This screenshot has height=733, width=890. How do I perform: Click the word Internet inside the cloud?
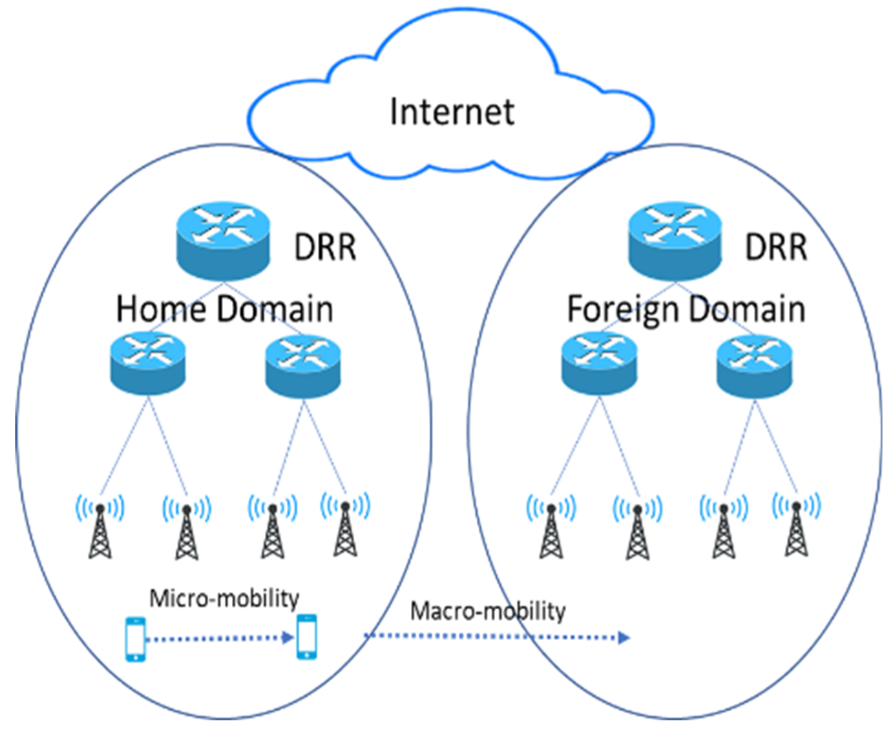tap(451, 112)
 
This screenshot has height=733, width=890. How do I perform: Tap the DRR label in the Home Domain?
tap(325, 247)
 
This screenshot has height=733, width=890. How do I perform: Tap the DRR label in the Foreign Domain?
tap(776, 247)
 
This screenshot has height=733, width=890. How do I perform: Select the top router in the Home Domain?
tap(223, 240)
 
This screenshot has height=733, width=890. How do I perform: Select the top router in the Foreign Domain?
tap(674, 240)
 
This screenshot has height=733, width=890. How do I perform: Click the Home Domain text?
tap(224, 309)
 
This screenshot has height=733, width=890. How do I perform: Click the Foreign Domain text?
tap(686, 309)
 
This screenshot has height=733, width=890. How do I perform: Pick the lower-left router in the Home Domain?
tap(148, 364)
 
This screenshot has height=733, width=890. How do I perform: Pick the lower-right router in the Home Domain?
tap(303, 366)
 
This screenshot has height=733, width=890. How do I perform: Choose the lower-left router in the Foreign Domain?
tap(599, 364)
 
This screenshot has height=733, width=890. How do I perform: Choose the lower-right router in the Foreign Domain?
tap(754, 366)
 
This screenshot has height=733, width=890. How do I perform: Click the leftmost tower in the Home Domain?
tap(100, 529)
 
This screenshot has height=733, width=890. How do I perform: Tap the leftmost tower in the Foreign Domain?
tap(551, 529)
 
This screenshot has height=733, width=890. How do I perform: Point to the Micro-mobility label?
tap(224, 599)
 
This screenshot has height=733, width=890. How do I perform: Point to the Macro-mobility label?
tap(487, 611)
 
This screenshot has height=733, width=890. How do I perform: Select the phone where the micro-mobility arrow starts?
tap(135, 639)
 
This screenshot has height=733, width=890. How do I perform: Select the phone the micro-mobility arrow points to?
tap(306, 637)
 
